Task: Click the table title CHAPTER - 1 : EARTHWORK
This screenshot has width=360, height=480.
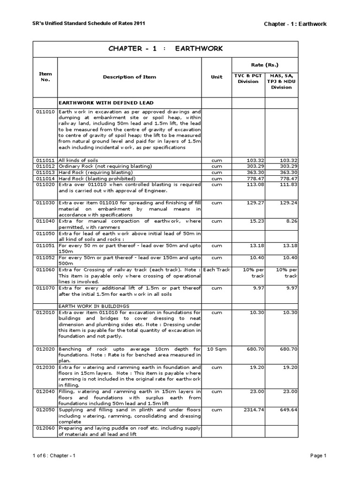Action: (165, 49)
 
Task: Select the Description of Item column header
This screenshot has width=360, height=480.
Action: (130, 77)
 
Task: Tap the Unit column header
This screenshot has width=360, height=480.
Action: (217, 77)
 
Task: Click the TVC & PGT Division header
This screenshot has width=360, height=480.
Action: (248, 78)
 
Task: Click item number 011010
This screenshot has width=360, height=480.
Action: (45, 112)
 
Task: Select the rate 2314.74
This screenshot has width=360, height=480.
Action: (249, 409)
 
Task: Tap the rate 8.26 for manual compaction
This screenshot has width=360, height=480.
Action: (291, 221)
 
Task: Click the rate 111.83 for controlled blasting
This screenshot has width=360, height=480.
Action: (287, 185)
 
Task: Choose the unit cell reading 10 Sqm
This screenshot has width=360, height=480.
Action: (217, 349)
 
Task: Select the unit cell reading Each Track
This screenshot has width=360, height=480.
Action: (217, 270)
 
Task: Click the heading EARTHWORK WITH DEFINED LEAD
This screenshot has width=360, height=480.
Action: (106, 102)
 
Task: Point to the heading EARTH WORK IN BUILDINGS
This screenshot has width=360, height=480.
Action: (92, 305)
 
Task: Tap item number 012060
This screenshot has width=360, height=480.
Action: (45, 427)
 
